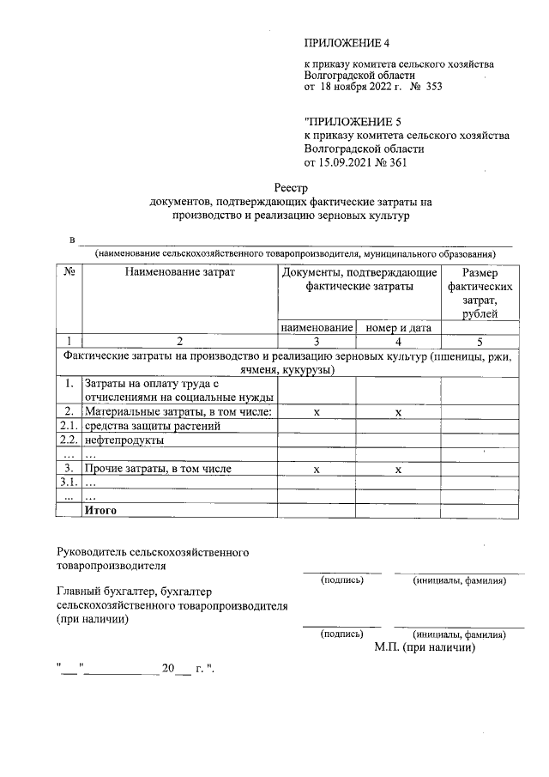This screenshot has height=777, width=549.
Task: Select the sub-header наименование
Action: click(x=317, y=328)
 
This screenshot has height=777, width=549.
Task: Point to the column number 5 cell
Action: click(x=480, y=341)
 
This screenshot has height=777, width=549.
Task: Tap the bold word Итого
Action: click(x=100, y=510)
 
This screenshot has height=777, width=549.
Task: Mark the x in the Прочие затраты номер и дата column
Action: click(x=398, y=470)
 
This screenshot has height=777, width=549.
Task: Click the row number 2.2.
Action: click(x=68, y=440)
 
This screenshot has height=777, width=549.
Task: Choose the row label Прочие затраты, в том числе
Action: click(x=158, y=469)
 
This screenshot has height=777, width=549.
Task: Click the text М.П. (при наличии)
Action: click(x=425, y=647)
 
